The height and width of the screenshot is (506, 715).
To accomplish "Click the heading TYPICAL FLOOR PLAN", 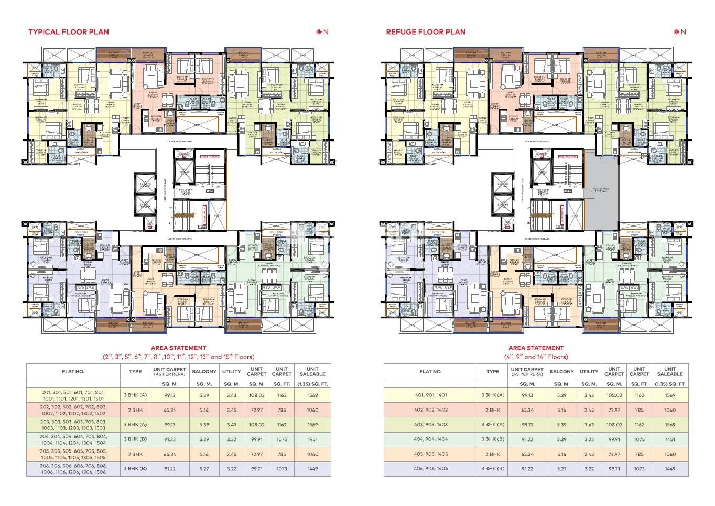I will tap(69, 31).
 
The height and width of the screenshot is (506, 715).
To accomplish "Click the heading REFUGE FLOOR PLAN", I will tap(426, 31).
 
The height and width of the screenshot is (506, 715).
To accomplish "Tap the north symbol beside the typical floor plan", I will tap(322, 32).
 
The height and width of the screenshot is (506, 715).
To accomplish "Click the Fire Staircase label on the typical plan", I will tap(210, 156).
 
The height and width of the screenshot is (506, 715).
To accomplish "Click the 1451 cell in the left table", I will tap(312, 439).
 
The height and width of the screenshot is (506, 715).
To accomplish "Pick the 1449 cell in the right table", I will tap(670, 469).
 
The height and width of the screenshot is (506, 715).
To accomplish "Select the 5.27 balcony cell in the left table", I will tap(204, 469).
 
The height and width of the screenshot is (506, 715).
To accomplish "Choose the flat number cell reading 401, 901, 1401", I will tap(430, 395).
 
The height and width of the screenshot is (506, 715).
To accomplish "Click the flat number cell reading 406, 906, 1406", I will tap(430, 469).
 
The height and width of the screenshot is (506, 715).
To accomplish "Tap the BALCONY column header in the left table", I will tap(204, 371).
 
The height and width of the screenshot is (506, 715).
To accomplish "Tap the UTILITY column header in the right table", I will tap(589, 371).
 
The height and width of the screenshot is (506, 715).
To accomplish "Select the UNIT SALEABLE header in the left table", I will tap(312, 371).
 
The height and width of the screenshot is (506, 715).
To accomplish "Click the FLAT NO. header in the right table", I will tap(430, 371).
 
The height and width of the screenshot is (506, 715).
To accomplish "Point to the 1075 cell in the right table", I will tap(639, 439).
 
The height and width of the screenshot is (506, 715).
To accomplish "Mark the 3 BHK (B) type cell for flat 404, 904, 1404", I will tap(493, 439).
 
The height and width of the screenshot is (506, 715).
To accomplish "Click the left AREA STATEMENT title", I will tap(178, 348).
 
